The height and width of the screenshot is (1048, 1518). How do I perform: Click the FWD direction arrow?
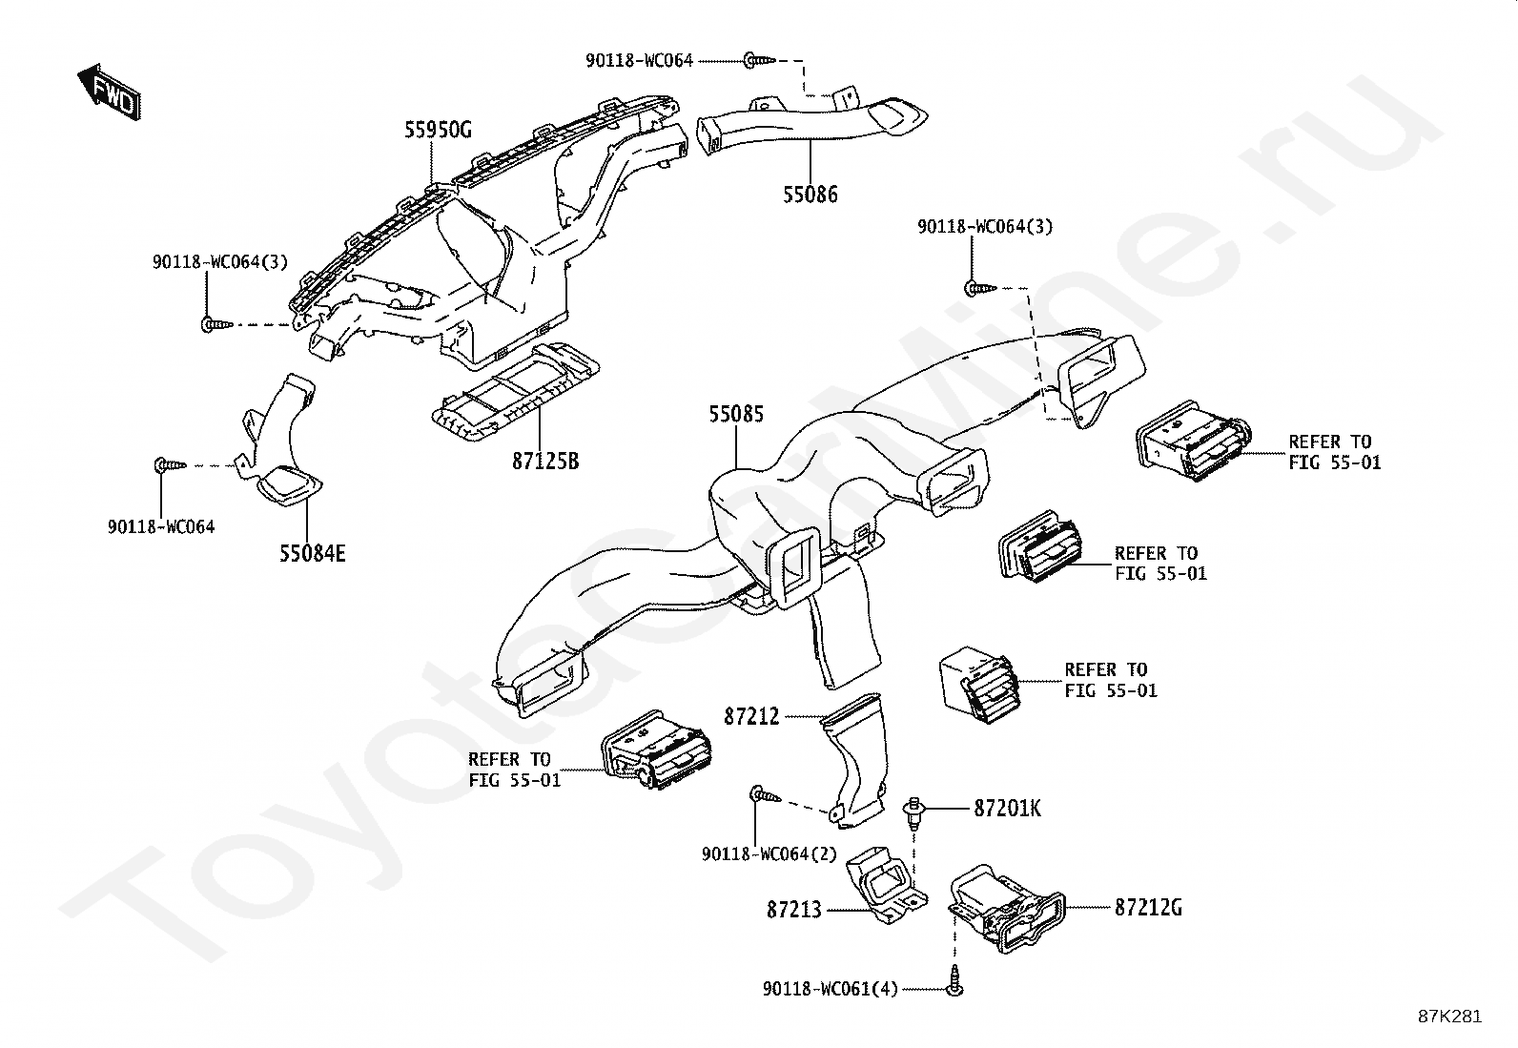(109, 92)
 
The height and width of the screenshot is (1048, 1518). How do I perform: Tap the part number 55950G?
(438, 131)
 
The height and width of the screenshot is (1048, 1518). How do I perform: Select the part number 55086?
(810, 195)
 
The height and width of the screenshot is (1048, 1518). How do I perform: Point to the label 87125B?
(544, 462)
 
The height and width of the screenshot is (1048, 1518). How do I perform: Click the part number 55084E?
(312, 553)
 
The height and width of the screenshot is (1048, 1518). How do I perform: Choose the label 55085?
(735, 415)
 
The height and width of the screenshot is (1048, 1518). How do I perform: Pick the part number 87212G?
(1148, 908)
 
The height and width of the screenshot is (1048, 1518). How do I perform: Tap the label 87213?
(793, 910)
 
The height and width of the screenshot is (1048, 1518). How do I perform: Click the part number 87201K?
(1007, 809)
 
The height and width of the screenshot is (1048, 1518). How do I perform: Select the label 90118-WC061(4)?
(830, 990)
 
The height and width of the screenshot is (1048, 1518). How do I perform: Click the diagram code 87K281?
(1448, 1017)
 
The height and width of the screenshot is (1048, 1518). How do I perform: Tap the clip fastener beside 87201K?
(913, 811)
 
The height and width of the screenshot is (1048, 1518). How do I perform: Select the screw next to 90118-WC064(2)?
(765, 794)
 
